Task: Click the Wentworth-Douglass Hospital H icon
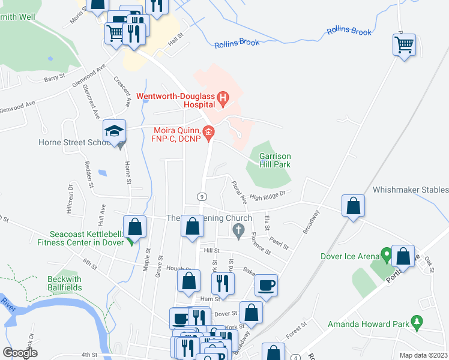click(x=223, y=97)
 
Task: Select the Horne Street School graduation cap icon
click(x=114, y=130)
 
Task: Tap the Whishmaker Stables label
click(x=410, y=190)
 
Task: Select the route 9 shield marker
click(x=202, y=196)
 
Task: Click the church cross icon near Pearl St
click(x=238, y=230)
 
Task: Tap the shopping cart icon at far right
click(x=404, y=44)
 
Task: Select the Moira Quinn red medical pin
click(x=208, y=133)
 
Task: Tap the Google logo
click(x=20, y=353)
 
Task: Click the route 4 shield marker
click(x=296, y=358)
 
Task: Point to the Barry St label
click(x=54, y=77)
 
